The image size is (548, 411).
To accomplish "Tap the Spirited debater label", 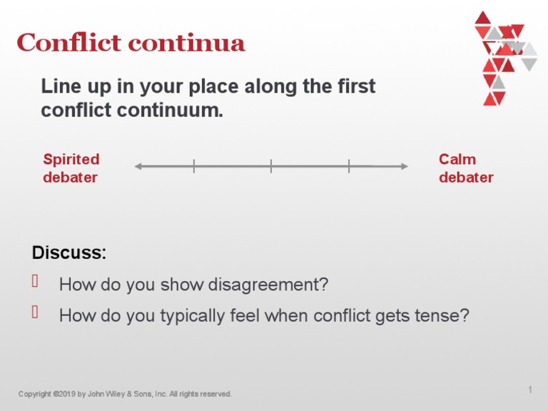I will point(71,168).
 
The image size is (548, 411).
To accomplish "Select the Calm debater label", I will point(466,168).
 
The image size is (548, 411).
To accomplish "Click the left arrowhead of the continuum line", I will point(138,166).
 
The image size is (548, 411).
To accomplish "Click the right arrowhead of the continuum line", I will point(404,166).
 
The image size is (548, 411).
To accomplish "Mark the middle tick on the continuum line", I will point(271,166).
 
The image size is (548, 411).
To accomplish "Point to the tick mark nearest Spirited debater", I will point(193,166).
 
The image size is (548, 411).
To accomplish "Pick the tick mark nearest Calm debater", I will point(349,166).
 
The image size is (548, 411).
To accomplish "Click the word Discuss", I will point(68,253).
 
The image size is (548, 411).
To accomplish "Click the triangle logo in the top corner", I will point(504,57).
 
